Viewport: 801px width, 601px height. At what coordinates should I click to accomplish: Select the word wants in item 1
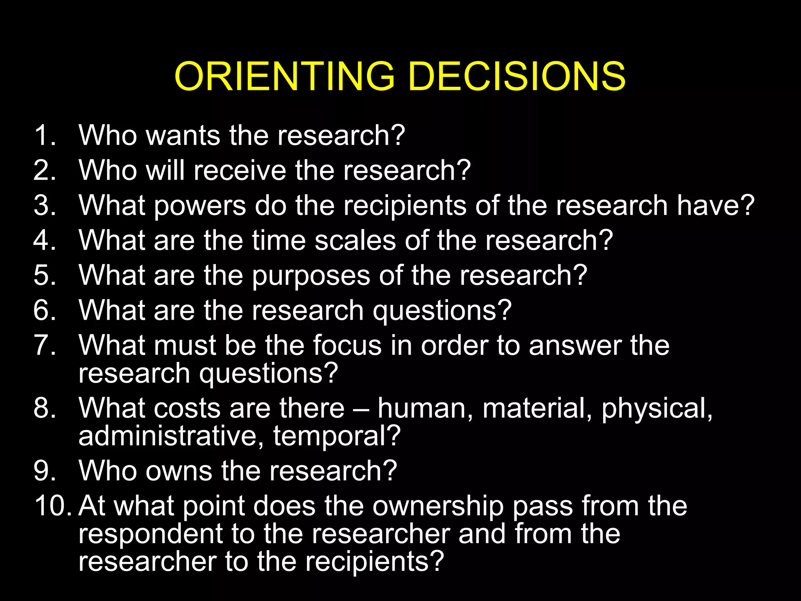point(183,135)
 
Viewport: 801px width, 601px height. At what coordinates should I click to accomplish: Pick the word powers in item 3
point(200,206)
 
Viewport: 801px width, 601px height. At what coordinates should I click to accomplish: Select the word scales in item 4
point(355,240)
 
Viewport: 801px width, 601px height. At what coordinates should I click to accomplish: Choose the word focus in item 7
point(347,345)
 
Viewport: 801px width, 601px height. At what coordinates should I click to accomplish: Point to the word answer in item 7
point(575,345)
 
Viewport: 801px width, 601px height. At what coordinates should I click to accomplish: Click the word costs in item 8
point(187,408)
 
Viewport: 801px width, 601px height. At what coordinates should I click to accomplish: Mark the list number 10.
point(52,506)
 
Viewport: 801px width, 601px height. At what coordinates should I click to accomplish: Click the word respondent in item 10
point(151,534)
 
